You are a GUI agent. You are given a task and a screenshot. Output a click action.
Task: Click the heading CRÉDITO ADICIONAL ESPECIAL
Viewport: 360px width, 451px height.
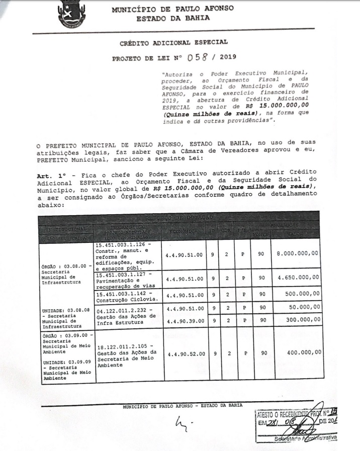pyautogui.click(x=173, y=42)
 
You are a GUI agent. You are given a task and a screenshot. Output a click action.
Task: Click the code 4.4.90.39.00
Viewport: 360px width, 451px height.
pyautogui.click(x=185, y=319)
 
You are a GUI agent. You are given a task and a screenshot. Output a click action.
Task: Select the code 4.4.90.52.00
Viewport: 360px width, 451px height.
pyautogui.click(x=185, y=353)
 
